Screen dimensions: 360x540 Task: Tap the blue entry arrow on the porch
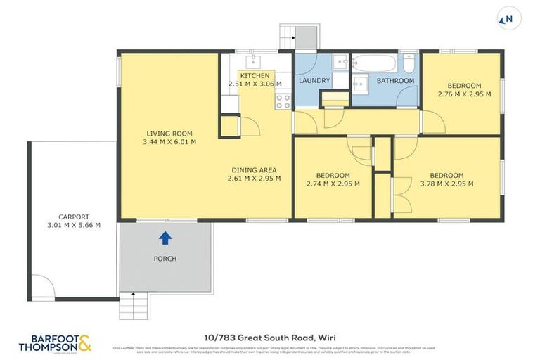(165, 238)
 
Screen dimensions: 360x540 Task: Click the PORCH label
(165, 259)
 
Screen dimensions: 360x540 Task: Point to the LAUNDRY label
(314, 81)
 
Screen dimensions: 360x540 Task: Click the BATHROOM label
(395, 81)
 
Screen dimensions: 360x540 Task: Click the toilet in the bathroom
(409, 65)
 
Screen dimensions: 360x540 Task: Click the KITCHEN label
(254, 75)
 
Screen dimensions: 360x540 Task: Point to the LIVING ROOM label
(169, 134)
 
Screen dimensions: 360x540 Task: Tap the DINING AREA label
(254, 169)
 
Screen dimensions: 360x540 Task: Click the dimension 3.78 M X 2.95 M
(446, 184)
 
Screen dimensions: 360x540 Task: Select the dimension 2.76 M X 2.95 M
(464, 94)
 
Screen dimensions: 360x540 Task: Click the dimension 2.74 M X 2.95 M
(333, 184)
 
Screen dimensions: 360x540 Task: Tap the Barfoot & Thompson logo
(56, 342)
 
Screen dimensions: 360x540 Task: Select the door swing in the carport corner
(42, 287)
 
